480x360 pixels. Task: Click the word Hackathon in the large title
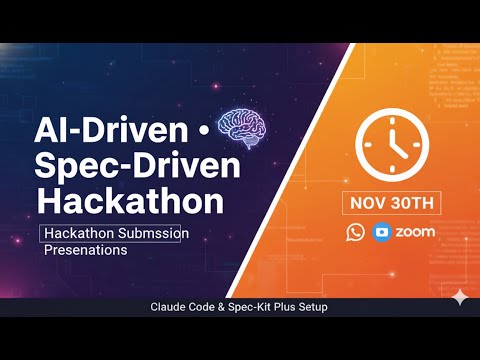(130, 200)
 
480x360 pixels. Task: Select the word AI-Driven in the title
(109, 130)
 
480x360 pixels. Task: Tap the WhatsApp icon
(356, 232)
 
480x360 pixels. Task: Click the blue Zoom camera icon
(381, 232)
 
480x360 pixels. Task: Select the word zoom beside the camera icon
(414, 232)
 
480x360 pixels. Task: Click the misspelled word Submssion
(156, 233)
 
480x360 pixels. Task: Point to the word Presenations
(86, 251)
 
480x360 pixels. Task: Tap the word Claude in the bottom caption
(173, 307)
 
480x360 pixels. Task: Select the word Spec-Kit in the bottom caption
(252, 307)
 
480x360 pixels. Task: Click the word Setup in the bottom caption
(310, 307)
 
